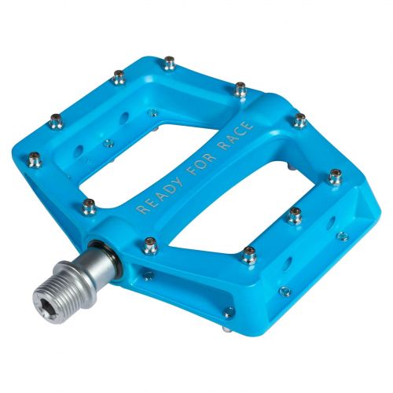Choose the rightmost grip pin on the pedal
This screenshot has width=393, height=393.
(x=336, y=176)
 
